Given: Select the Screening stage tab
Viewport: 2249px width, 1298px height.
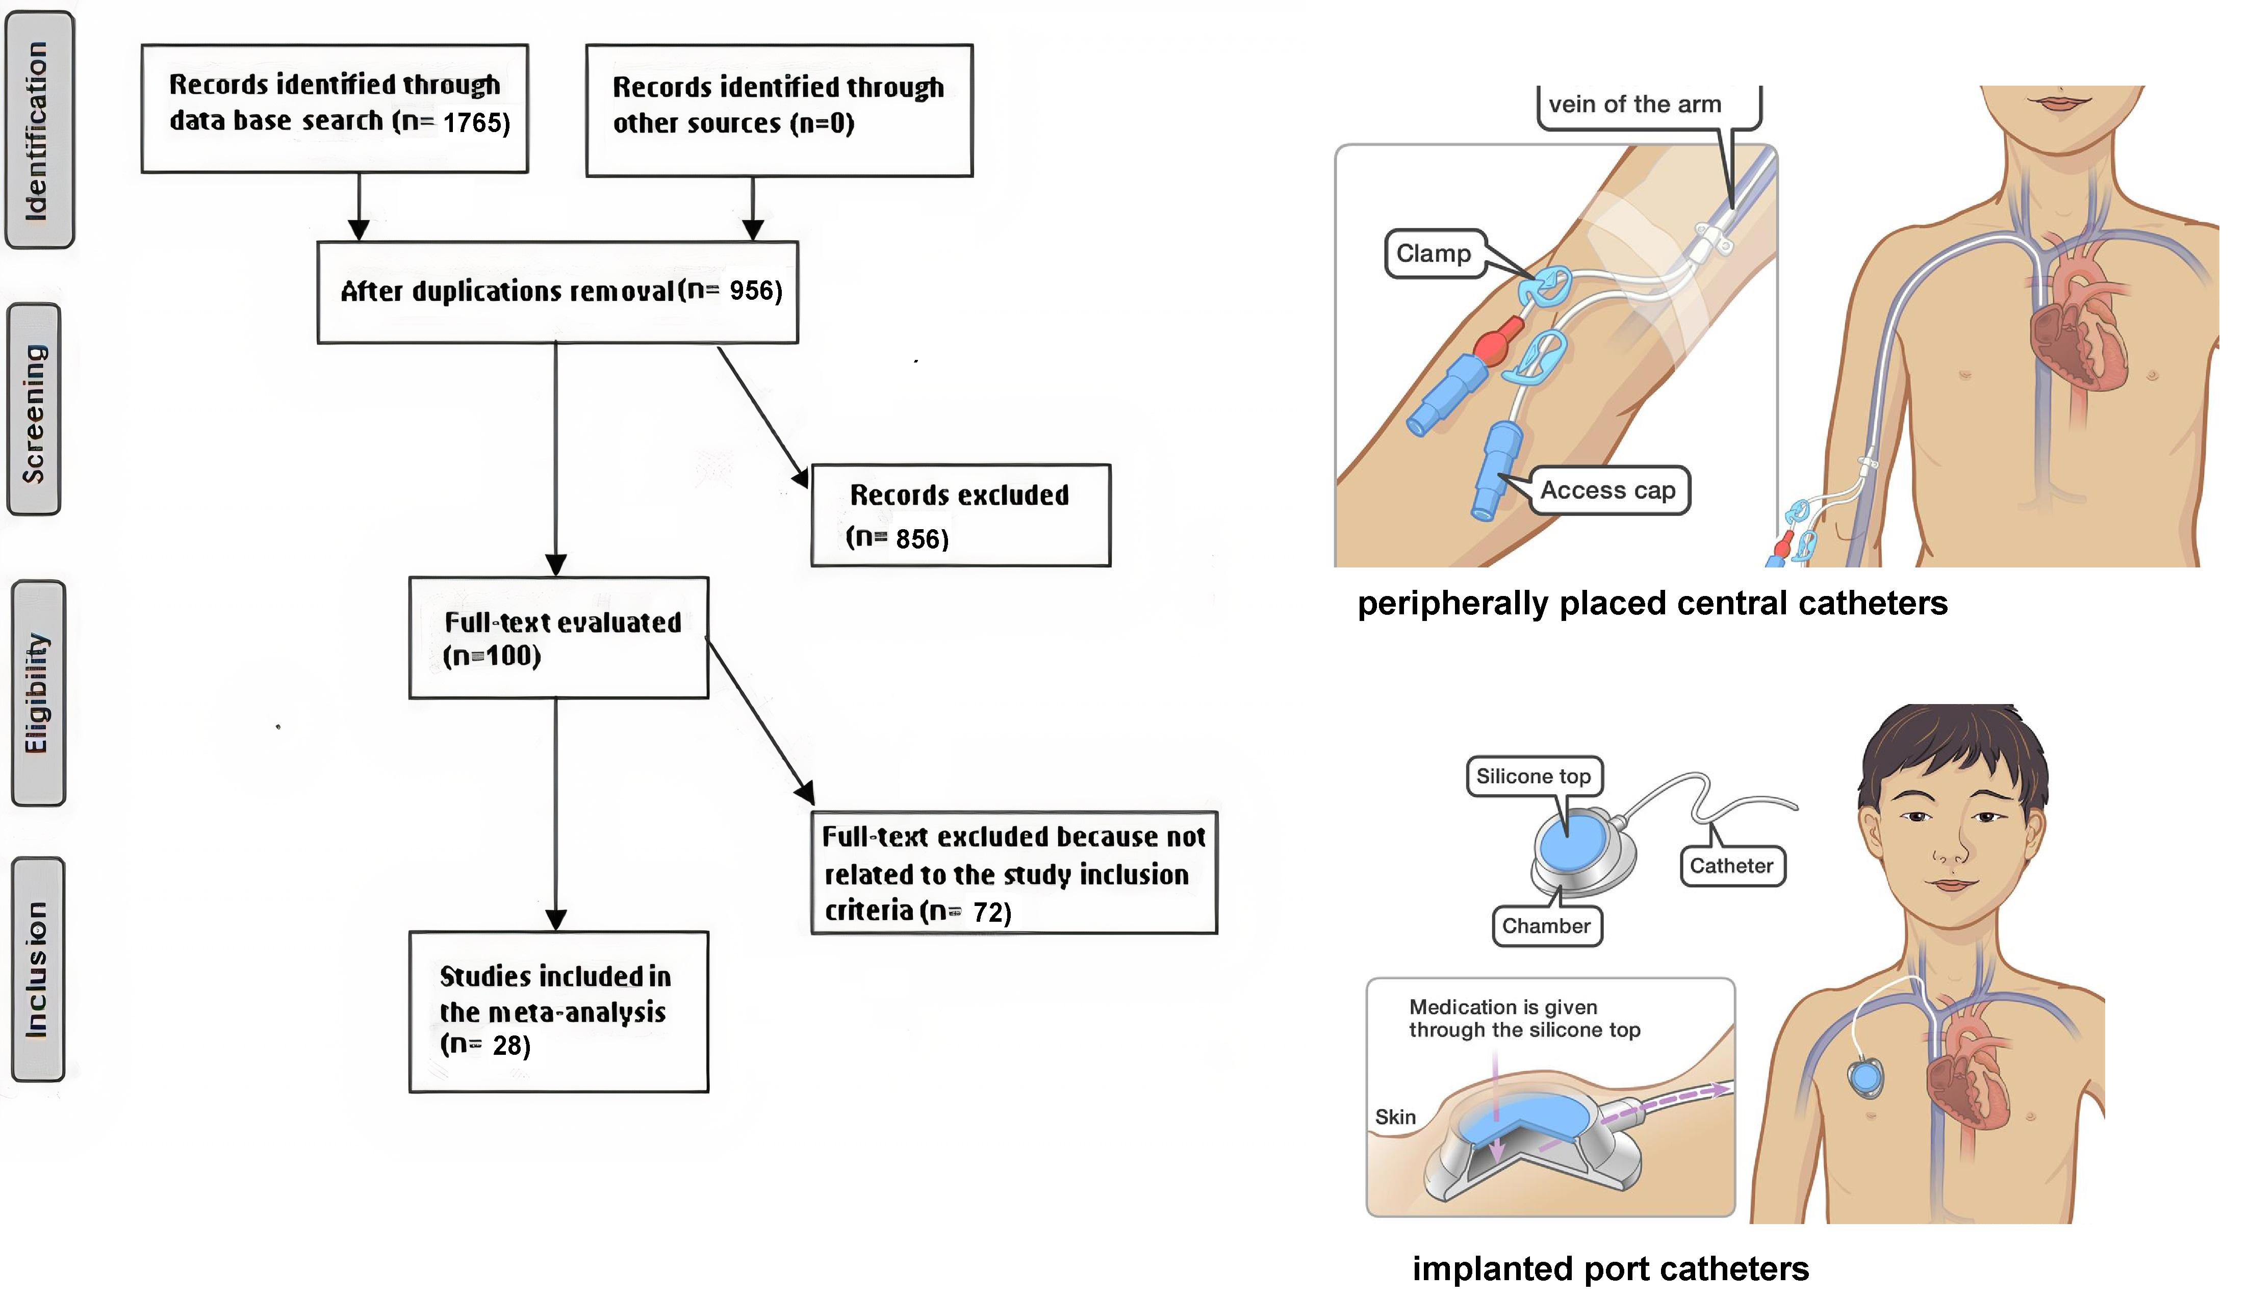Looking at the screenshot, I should [x=34, y=410].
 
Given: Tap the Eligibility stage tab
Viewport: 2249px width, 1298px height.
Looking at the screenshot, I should [x=37, y=693].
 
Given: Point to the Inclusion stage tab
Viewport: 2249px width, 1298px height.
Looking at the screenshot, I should [x=37, y=970].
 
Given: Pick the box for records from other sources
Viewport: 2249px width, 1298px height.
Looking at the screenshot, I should [x=779, y=111].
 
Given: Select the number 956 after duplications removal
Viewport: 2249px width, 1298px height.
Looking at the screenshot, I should [x=754, y=291].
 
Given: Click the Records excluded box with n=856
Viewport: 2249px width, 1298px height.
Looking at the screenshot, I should [x=960, y=515].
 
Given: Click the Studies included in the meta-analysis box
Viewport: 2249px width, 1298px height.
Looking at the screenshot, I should [x=558, y=1012].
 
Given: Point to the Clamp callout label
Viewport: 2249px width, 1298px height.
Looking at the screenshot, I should [x=1433, y=254].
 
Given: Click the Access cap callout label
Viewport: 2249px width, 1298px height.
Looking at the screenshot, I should [x=1608, y=490].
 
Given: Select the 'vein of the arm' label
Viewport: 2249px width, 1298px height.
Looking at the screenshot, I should [x=1634, y=105].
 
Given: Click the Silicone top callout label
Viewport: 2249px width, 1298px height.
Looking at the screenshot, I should [x=1533, y=776].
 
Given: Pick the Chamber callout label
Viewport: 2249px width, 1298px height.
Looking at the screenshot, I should [x=1546, y=926].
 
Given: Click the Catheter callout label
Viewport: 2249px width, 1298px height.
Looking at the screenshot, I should [x=1731, y=866].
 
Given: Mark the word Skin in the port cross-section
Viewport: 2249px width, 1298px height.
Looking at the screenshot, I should [x=1395, y=1117].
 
